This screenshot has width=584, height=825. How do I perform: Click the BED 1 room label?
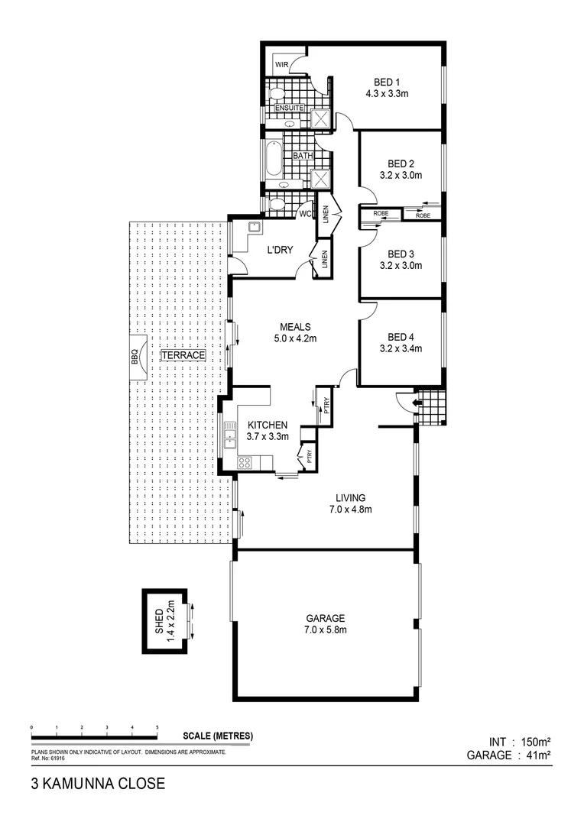(x=388, y=82)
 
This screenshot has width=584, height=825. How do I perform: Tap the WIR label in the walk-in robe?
(x=281, y=65)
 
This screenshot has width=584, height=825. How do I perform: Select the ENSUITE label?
(x=290, y=108)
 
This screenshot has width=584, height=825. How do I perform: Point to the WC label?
(x=303, y=213)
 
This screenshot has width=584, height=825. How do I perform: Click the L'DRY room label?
(x=280, y=250)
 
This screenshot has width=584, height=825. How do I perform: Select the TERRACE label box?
(x=183, y=355)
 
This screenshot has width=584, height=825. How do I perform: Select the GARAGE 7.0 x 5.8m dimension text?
(x=326, y=630)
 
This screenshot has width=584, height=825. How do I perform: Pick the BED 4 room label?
(x=401, y=337)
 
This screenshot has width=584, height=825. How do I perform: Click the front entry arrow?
(x=417, y=403)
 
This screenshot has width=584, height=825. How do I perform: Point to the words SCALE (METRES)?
(x=218, y=736)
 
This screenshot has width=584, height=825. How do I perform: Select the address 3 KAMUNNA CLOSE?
(x=97, y=784)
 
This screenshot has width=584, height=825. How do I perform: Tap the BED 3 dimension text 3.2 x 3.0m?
(x=401, y=266)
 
